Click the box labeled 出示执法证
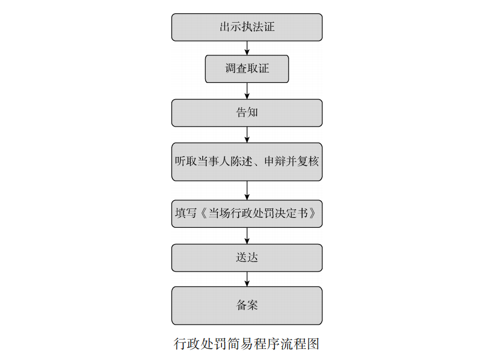click(247, 27)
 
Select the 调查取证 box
click(247, 69)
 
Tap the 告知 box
click(247, 113)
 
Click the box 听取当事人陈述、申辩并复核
click(247, 162)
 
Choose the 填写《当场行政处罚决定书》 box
click(247, 213)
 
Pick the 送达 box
click(247, 258)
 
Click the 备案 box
click(247, 305)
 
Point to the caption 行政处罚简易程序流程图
click(247, 344)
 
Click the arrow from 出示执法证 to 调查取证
click(247, 48)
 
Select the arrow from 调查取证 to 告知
click(247, 91)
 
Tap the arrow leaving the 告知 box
click(247, 135)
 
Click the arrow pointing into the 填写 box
click(247, 190)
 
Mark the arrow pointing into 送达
click(247, 236)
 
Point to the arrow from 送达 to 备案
click(247, 279)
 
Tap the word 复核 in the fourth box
click(308, 161)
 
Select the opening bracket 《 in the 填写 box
click(203, 213)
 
